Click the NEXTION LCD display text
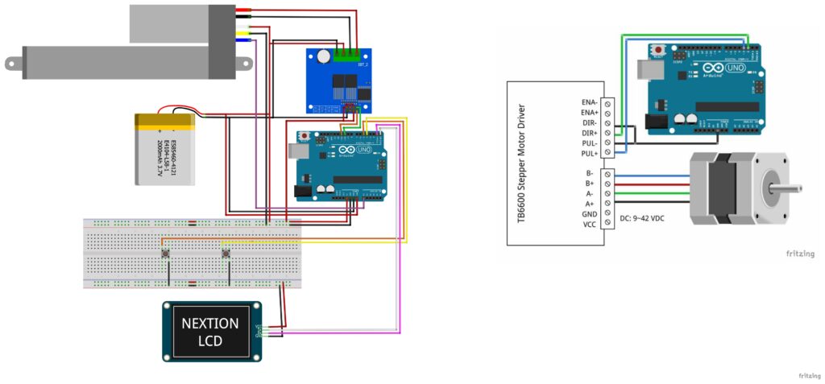point(209,331)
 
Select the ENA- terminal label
point(588,102)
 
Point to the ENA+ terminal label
point(588,113)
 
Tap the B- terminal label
point(590,173)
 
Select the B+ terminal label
point(590,184)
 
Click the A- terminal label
point(590,193)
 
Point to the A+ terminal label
point(590,204)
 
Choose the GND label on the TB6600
point(588,214)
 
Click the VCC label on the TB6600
point(588,225)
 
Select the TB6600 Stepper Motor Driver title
point(520,162)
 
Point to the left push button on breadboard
point(166,255)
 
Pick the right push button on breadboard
point(226,255)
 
